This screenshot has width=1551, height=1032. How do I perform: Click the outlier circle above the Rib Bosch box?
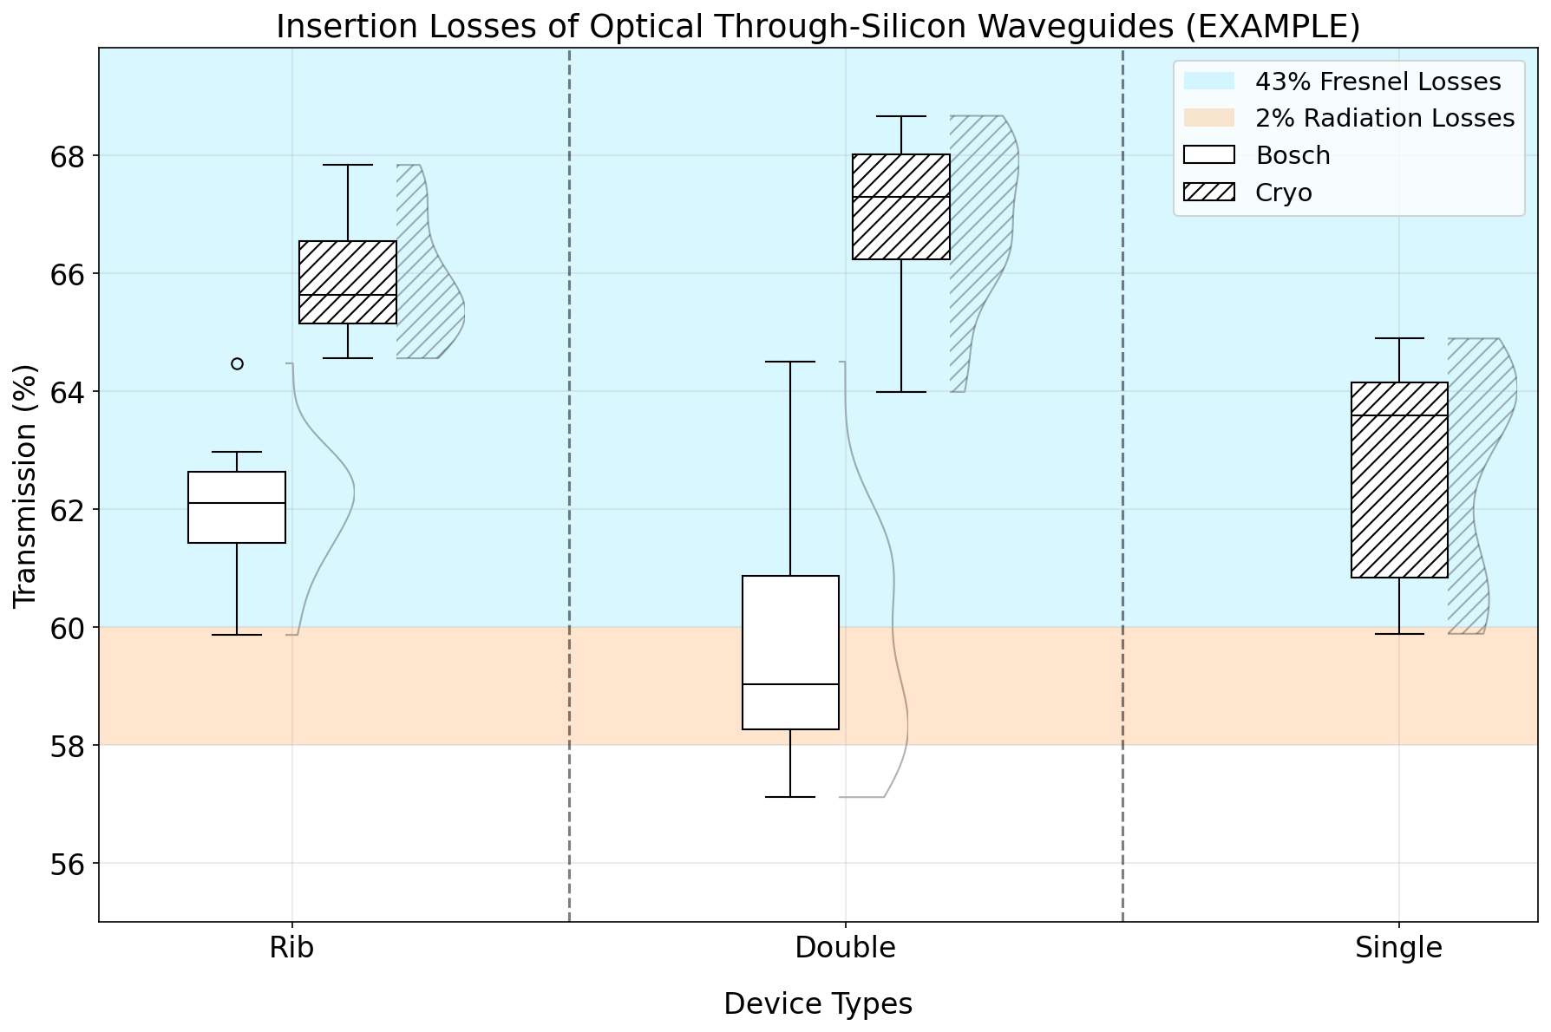pyautogui.click(x=237, y=363)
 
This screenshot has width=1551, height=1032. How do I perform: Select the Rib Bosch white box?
pyautogui.click(x=237, y=507)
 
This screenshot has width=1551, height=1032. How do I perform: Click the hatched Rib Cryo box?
pyautogui.click(x=348, y=282)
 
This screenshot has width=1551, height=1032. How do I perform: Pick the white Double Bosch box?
pyautogui.click(x=790, y=652)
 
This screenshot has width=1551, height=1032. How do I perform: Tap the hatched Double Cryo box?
pyautogui.click(x=901, y=206)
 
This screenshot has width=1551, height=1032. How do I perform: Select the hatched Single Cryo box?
pyautogui.click(x=1399, y=480)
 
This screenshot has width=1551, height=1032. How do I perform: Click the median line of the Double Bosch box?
pyautogui.click(x=790, y=684)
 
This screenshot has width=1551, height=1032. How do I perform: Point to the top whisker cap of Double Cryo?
pyautogui.click(x=901, y=116)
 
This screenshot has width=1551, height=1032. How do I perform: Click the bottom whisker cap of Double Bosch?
pyautogui.click(x=790, y=796)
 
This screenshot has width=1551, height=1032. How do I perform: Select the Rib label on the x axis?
pyautogui.click(x=291, y=948)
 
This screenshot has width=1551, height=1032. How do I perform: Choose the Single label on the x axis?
pyautogui.click(x=1398, y=948)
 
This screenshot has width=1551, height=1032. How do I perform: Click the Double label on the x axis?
pyautogui.click(x=845, y=948)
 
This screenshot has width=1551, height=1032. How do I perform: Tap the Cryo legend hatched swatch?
pyautogui.click(x=1209, y=193)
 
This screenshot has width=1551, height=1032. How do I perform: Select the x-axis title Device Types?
pyautogui.click(x=818, y=1004)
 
